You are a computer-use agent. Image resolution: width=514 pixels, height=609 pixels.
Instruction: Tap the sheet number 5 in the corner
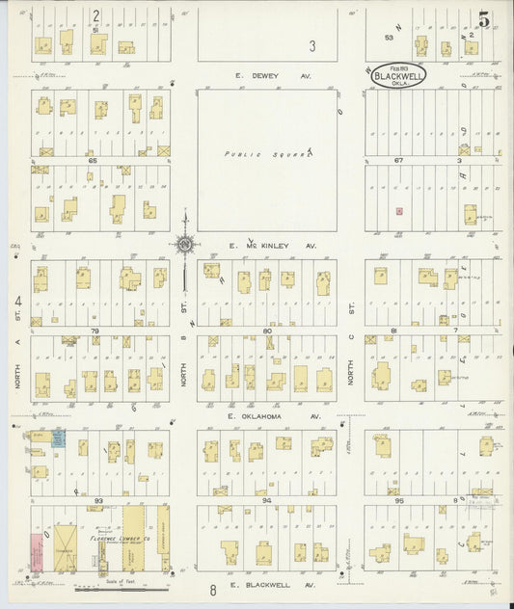[x=482, y=18]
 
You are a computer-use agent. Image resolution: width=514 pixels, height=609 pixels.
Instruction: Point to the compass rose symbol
[x=183, y=244]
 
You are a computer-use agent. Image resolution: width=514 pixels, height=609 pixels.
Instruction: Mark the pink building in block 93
[x=37, y=554]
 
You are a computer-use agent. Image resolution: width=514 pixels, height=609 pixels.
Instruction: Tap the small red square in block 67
[x=398, y=210]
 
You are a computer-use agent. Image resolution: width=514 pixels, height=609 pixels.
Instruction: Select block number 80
[x=267, y=331]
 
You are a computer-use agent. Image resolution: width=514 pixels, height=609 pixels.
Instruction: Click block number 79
[x=95, y=331]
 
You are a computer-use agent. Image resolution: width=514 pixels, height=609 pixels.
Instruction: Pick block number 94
[x=267, y=501]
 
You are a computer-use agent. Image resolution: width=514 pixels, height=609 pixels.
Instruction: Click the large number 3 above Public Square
[x=311, y=45]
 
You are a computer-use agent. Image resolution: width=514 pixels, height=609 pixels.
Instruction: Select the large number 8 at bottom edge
[x=211, y=589]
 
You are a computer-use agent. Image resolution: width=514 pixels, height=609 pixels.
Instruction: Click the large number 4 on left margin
[x=17, y=303]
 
